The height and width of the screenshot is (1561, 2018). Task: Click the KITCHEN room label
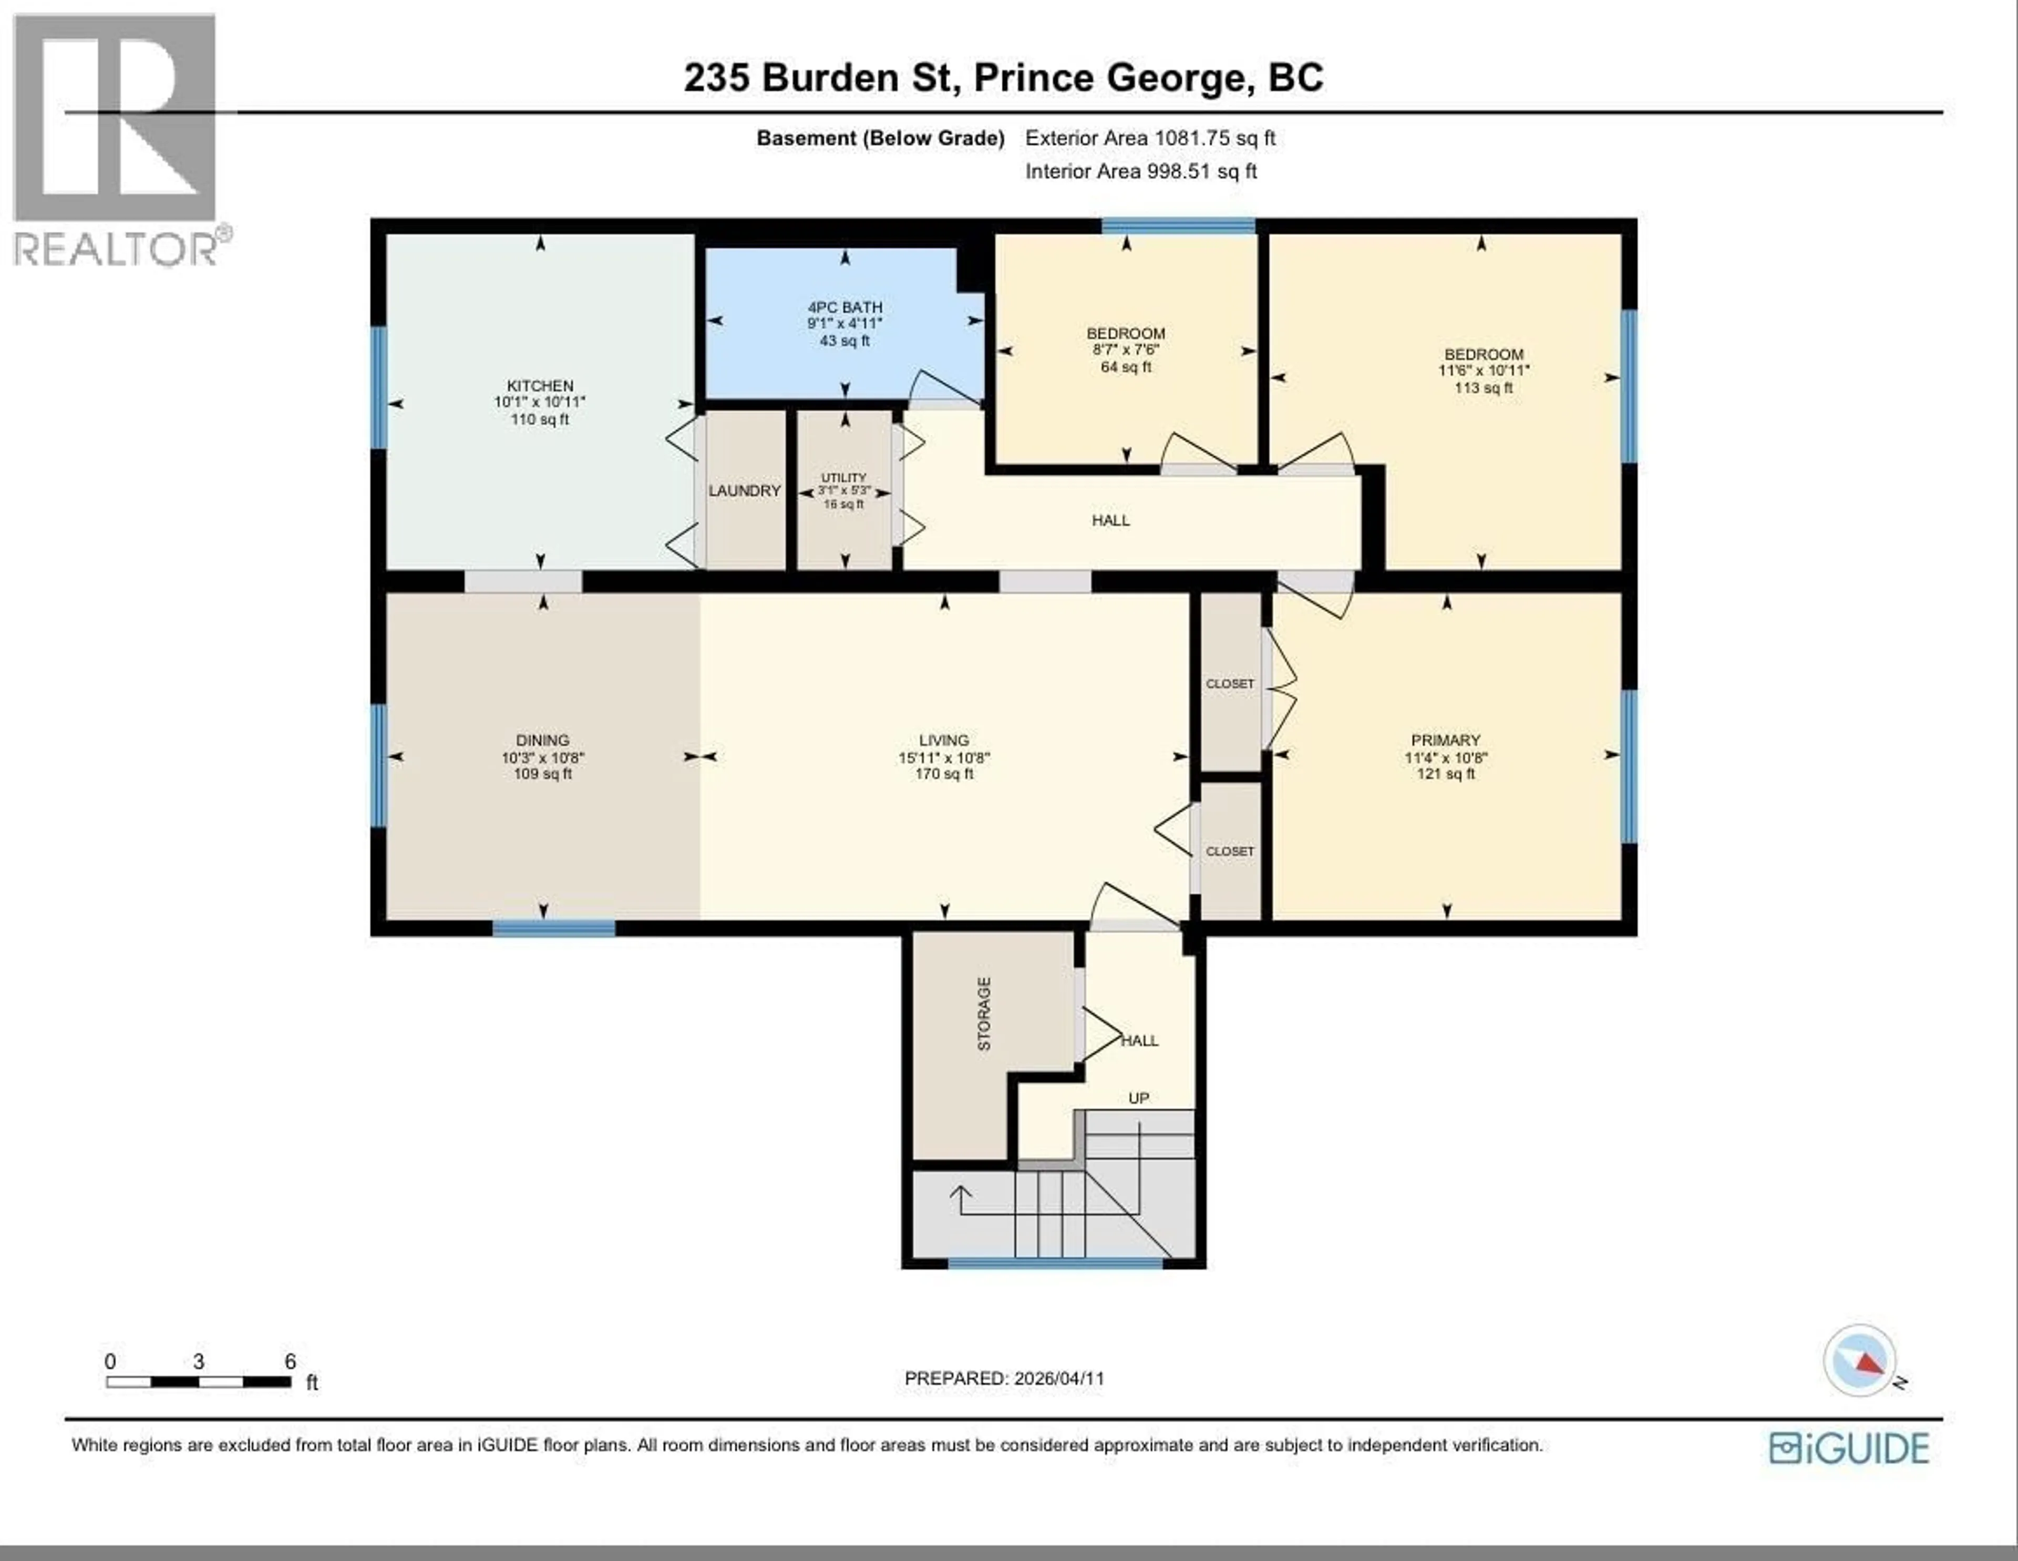tap(540, 385)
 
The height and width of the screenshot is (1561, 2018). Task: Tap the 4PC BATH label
tap(845, 307)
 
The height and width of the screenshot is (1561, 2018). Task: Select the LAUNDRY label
tap(744, 491)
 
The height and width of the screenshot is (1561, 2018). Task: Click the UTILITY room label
tap(843, 478)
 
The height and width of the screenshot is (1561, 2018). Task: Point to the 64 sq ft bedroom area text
tap(1126, 367)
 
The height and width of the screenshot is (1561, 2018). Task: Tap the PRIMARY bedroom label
tap(1445, 740)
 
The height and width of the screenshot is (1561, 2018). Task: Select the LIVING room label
tap(943, 740)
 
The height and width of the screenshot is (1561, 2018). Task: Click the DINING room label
tap(542, 740)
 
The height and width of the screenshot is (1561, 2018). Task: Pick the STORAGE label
tap(984, 1014)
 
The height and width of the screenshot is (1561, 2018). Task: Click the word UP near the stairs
tap(1138, 1098)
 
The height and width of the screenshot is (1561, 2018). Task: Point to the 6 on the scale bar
tap(290, 1361)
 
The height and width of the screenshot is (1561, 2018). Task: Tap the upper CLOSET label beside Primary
tap(1230, 684)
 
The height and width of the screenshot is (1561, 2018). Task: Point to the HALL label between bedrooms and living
tap(1110, 520)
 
